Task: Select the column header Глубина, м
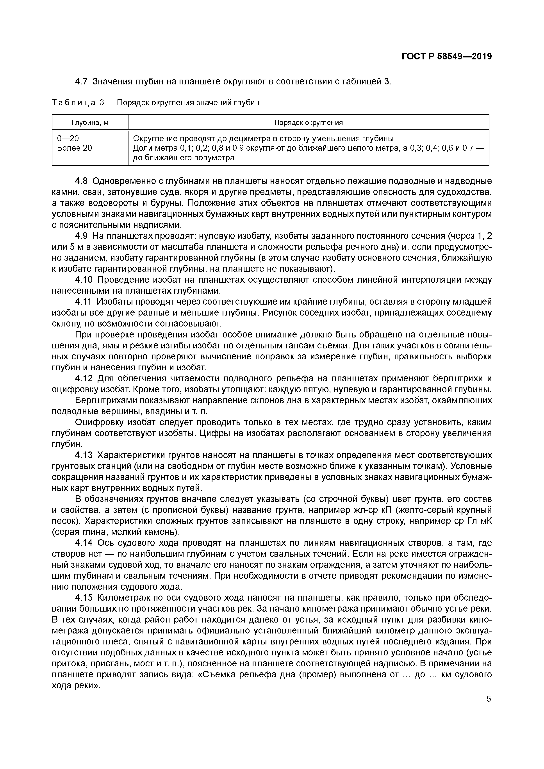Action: point(90,123)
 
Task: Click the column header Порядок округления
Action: point(309,123)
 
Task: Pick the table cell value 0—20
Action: point(68,139)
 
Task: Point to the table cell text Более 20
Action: point(74,148)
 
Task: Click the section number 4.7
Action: point(81,81)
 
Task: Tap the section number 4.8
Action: point(81,181)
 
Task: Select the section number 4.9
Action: point(81,236)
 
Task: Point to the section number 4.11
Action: point(83,302)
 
